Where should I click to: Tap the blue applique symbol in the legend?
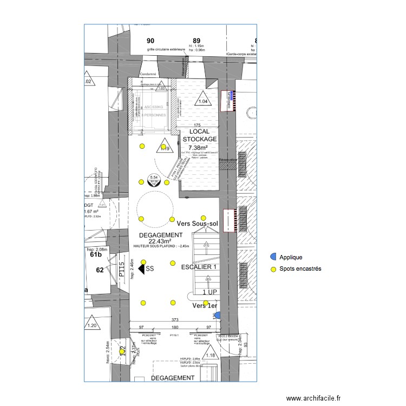click(273, 256)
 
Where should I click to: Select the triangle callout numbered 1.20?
click(92, 324)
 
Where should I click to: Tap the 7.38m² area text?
click(201, 147)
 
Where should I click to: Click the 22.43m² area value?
click(160, 241)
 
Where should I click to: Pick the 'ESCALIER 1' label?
click(199, 267)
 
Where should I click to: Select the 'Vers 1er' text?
click(205, 306)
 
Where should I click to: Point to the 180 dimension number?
click(175, 328)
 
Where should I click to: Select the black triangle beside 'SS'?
click(142, 269)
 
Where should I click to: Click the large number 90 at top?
click(150, 41)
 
